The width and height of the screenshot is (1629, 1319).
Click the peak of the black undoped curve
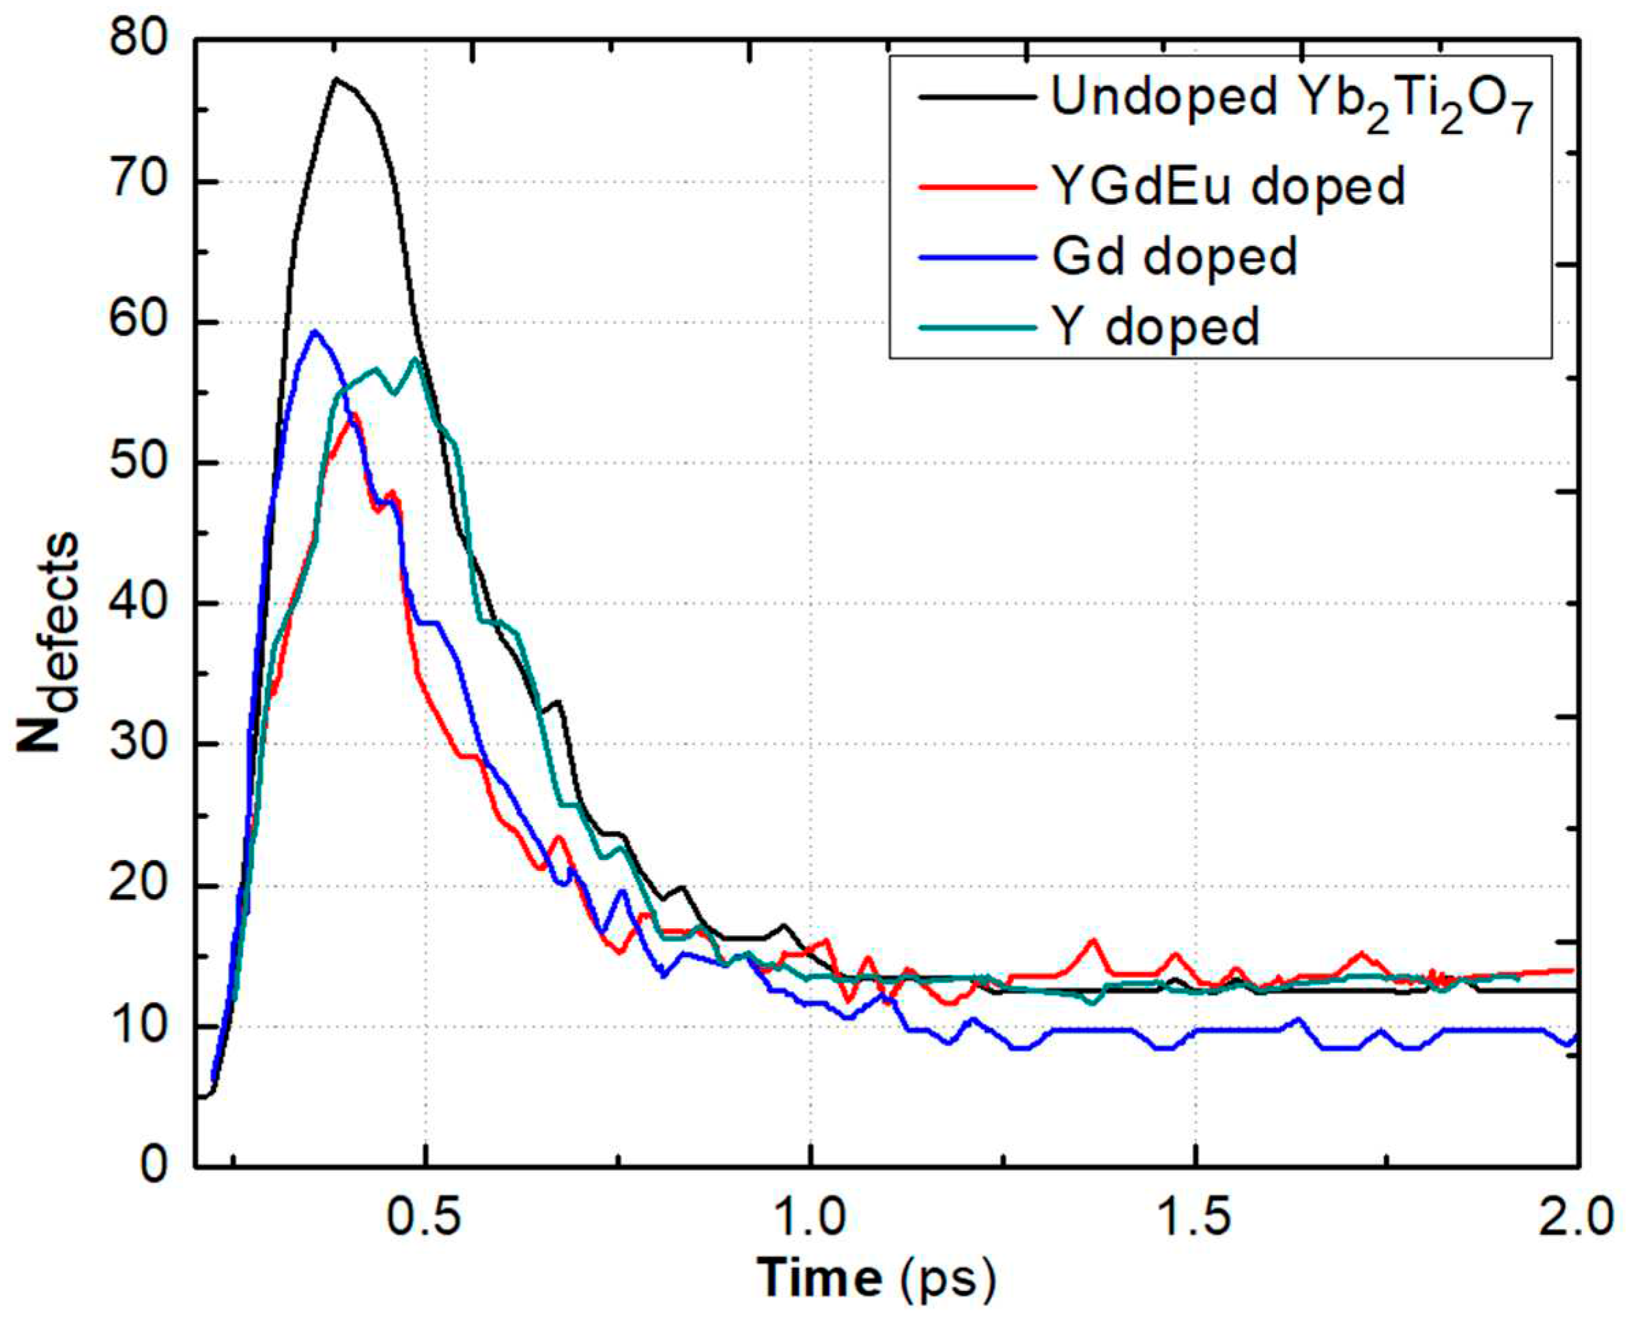pyautogui.click(x=337, y=79)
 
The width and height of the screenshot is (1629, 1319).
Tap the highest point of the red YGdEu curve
pyautogui.click(x=353, y=415)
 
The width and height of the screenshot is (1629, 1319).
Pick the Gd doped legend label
pyautogui.click(x=1174, y=256)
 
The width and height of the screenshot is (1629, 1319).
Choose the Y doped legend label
pyautogui.click(x=1155, y=327)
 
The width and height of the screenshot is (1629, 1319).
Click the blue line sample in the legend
pyautogui.click(x=978, y=257)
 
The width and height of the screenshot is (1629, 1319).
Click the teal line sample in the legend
pyautogui.click(x=978, y=327)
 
